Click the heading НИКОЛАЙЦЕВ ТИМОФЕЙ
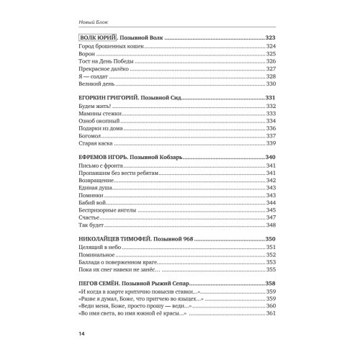(x=115, y=238)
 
